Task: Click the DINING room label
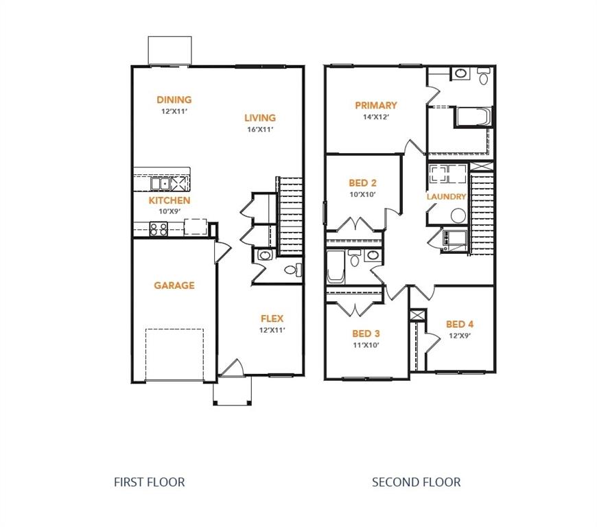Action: tap(174, 99)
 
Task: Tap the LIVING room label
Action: tap(259, 118)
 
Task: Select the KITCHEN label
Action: tap(169, 200)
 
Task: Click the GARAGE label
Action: tap(174, 285)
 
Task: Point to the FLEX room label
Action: tap(272, 318)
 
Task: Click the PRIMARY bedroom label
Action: tap(375, 105)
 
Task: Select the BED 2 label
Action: tap(362, 183)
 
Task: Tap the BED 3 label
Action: tap(366, 333)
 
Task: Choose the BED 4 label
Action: tap(459, 324)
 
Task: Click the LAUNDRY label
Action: tap(446, 197)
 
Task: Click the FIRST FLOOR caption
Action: tap(149, 482)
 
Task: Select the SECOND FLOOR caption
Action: tap(416, 482)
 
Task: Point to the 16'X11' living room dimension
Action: tap(259, 129)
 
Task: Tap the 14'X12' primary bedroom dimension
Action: tap(375, 117)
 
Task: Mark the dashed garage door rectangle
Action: tap(174, 354)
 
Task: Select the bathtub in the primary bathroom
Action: tap(473, 117)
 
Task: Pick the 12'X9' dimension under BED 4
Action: tap(459, 336)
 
